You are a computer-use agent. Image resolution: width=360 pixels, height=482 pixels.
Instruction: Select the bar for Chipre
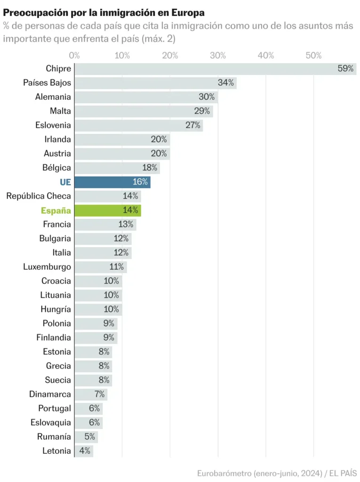[x=215, y=69]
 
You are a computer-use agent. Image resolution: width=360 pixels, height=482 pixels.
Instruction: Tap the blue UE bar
[x=112, y=182]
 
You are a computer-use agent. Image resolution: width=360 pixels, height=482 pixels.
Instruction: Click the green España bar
[x=107, y=210]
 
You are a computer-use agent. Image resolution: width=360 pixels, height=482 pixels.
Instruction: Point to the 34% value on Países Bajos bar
[x=226, y=83]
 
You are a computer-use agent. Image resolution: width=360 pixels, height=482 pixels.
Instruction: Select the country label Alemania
[x=53, y=97]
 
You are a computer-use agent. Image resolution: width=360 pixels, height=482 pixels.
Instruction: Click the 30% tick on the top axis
[x=218, y=56]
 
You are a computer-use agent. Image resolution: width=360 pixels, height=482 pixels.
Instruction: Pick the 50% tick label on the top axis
[x=313, y=56]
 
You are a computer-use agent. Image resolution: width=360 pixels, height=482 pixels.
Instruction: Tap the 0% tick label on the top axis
[x=74, y=56]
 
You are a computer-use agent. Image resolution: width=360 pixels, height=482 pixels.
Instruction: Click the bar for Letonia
[x=84, y=451]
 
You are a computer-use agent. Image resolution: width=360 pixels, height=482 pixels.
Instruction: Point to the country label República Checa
[x=39, y=196]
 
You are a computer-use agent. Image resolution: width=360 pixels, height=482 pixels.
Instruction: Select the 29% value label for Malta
[x=202, y=111]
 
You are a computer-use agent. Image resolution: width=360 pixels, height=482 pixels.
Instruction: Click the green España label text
[x=56, y=210]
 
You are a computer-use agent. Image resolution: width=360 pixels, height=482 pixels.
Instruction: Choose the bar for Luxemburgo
[x=100, y=267]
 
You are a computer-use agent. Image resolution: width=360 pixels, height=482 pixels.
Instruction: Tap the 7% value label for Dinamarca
[x=99, y=394]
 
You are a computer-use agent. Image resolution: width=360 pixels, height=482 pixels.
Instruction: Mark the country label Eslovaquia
[x=51, y=423]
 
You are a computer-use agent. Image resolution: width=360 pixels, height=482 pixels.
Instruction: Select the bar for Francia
[x=105, y=225]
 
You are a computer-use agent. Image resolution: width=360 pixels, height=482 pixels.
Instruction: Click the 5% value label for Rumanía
[x=90, y=437]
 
